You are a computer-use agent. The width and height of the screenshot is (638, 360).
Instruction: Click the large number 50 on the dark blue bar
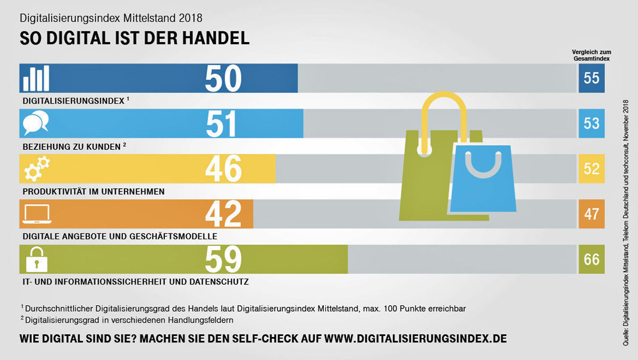223,79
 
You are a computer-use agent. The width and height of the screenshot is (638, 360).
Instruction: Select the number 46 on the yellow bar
223,169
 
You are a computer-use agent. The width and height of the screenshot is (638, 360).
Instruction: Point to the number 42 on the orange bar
223,214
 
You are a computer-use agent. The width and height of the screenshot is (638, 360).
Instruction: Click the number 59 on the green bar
223,259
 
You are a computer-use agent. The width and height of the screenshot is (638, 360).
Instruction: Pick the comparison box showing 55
591,79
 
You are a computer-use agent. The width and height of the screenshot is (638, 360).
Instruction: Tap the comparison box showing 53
591,124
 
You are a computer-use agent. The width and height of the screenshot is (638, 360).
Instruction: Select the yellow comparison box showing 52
591,169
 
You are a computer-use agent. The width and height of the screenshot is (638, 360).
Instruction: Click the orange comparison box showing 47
591,214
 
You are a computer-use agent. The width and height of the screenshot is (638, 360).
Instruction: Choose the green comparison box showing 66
591,259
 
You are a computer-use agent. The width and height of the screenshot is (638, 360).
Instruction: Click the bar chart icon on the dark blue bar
36,79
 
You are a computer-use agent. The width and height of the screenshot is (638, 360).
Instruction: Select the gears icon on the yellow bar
37,169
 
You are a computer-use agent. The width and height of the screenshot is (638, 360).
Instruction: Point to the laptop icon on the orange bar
37,214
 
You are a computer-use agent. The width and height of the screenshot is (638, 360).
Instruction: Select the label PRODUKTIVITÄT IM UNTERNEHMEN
94,191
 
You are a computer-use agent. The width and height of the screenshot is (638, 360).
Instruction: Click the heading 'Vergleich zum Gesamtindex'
591,55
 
